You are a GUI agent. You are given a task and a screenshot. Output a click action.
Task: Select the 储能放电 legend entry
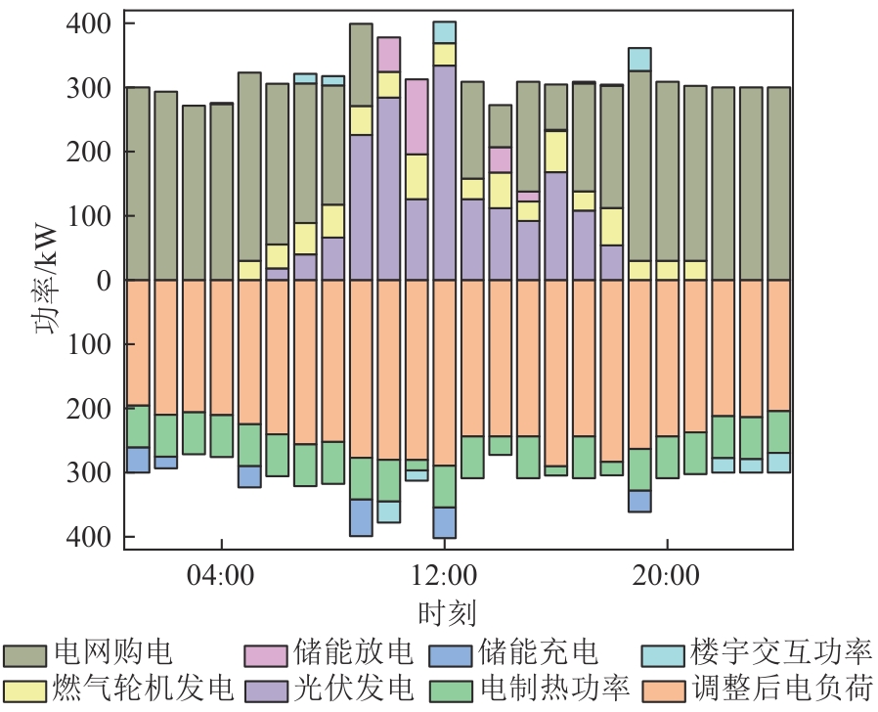point(331,653)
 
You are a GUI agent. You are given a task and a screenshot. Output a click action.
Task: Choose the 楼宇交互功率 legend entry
point(758,653)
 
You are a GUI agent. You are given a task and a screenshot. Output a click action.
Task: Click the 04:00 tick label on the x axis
point(222,575)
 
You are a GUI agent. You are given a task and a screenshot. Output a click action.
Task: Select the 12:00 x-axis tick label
point(445,575)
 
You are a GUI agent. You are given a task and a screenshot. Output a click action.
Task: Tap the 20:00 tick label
point(667,575)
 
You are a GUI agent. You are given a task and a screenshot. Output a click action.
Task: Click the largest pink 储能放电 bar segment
point(417,116)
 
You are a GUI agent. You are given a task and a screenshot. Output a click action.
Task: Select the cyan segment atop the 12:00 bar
point(445,32)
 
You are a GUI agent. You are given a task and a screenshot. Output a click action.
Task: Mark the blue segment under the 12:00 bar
point(445,522)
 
